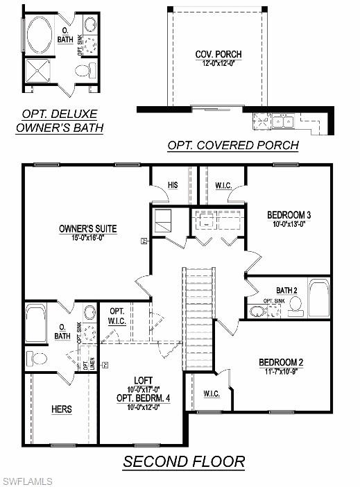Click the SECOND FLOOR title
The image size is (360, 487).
click(184, 461)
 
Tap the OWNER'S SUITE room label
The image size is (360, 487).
click(87, 228)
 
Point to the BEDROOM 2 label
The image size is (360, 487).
click(281, 362)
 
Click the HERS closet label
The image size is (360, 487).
click(61, 409)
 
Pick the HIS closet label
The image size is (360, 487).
click(173, 185)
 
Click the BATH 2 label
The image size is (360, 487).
click(286, 290)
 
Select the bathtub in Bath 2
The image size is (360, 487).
click(319, 298)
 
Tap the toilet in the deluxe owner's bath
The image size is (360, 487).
click(85, 69)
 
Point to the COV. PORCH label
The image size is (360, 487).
click(215, 53)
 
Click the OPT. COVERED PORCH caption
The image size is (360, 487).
click(232, 146)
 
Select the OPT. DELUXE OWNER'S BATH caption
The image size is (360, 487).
click(60, 120)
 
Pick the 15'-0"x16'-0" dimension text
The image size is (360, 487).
click(87, 237)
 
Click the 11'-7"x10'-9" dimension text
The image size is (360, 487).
click(281, 371)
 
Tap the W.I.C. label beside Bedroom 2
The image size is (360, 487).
click(212, 394)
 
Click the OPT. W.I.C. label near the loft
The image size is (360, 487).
click(117, 316)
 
